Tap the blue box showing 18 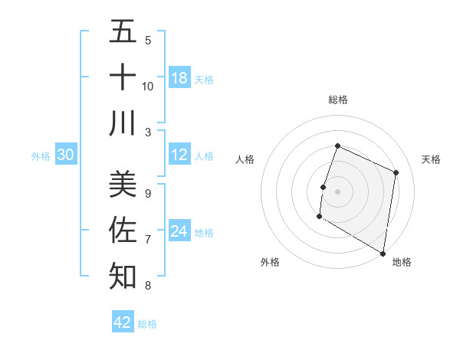point(179,78)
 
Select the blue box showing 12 point(179,155)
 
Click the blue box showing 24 point(179,231)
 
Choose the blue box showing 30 point(65,155)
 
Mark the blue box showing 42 point(123,322)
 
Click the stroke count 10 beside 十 point(148,86)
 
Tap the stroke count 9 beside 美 point(148,193)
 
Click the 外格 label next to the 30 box point(41,156)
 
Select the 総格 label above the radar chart point(338,100)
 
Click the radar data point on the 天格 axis point(396,172)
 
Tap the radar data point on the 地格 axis point(383,252)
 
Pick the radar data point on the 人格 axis point(324,187)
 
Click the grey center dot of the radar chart point(337,191)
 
